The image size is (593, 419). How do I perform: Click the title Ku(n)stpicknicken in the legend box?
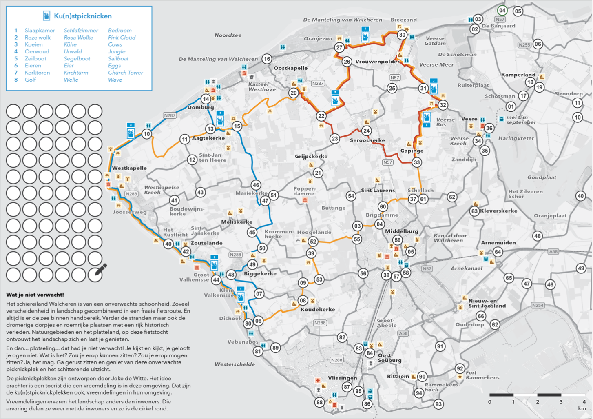click(82, 16)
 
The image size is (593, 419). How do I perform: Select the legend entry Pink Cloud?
click(122, 38)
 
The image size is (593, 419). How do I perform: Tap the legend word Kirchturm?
click(76, 73)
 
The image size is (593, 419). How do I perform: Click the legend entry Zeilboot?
click(35, 59)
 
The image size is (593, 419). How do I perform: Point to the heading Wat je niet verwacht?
click(35, 295)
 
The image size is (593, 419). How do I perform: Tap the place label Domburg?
click(200, 107)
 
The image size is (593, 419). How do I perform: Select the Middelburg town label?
click(401, 231)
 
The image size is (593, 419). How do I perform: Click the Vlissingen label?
click(342, 378)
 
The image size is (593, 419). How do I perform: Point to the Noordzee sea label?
click(228, 35)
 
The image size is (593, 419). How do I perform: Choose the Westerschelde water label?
click(235, 364)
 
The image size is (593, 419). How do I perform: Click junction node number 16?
click(267, 59)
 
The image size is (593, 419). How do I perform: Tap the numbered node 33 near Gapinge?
click(416, 162)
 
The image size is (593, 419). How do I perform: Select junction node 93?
click(438, 404)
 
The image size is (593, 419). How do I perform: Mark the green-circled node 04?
click(502, 11)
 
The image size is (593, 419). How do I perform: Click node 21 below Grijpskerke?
click(318, 173)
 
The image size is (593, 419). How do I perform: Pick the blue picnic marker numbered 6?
click(365, 35)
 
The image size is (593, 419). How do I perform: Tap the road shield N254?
click(538, 305)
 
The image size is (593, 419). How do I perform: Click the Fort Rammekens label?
click(482, 375)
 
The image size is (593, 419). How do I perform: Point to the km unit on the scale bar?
click(582, 408)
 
